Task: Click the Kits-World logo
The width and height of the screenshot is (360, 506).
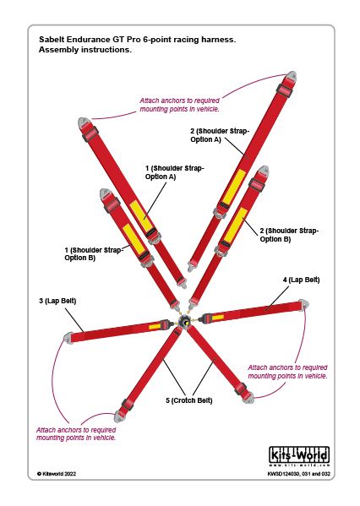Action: (299, 456)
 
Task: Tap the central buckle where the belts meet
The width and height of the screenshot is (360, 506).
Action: (185, 322)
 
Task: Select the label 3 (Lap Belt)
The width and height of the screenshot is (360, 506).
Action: (57, 301)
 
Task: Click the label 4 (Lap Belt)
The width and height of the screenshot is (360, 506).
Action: (301, 280)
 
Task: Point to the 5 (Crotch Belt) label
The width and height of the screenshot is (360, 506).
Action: (189, 400)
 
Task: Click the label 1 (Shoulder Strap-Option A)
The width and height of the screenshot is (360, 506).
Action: (175, 172)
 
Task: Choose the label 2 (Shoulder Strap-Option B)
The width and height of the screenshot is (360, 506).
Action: (289, 235)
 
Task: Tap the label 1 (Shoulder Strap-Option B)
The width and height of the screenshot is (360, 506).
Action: (94, 254)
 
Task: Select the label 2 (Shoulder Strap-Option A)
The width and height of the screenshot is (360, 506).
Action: (220, 135)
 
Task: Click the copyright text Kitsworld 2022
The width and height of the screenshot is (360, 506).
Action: (57, 474)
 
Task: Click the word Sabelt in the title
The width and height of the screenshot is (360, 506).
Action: (52, 40)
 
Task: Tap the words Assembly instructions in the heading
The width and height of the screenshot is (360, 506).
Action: (85, 50)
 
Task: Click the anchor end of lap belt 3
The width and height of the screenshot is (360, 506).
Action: (68, 338)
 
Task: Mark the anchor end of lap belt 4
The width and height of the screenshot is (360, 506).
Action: (304, 305)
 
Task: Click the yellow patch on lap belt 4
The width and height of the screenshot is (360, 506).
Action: (218, 318)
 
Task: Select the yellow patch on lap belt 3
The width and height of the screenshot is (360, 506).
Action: (155, 327)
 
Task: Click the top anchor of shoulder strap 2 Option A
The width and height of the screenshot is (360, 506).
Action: (292, 76)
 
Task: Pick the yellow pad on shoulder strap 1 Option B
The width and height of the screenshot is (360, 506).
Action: (133, 238)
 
